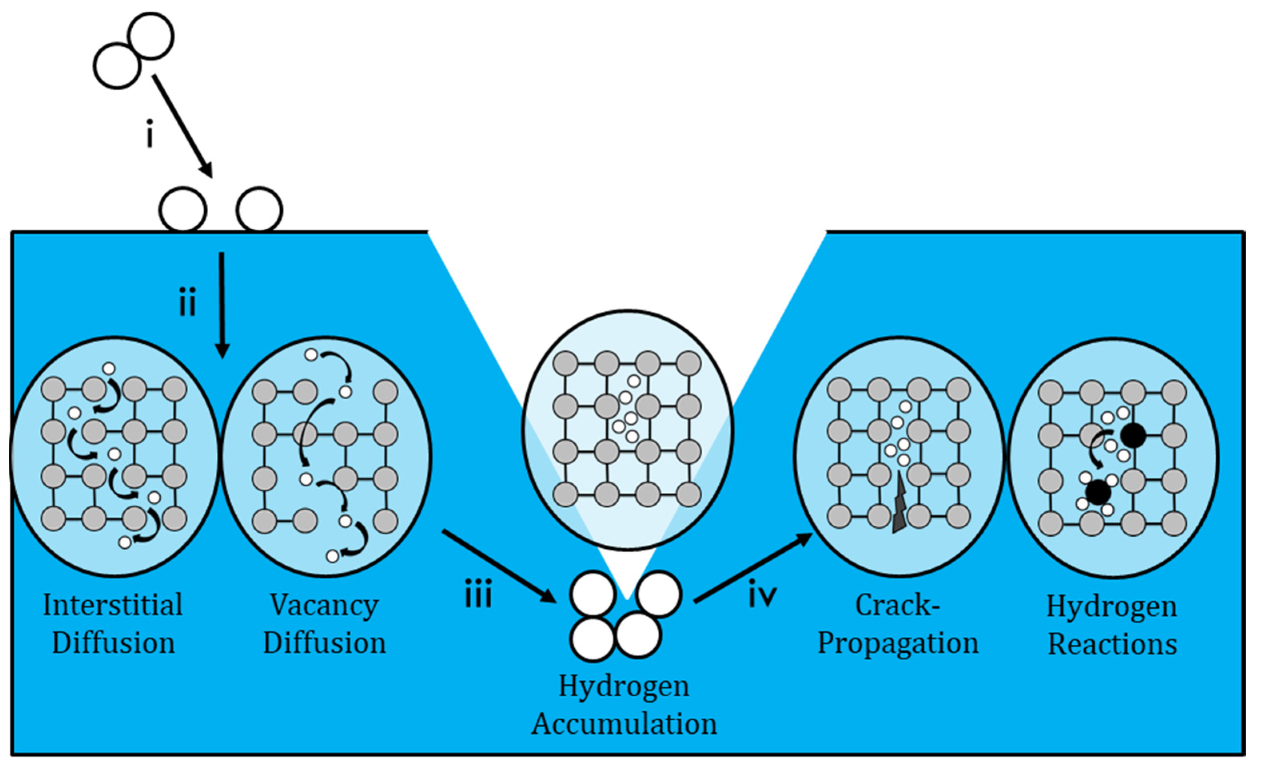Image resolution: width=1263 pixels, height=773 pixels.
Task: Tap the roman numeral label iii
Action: coord(478,594)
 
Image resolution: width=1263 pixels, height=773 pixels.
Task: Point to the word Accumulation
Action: coord(624,724)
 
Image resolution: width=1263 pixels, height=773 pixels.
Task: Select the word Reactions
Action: coord(1112,644)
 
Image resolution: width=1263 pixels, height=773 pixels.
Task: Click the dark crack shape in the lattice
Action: coord(900,505)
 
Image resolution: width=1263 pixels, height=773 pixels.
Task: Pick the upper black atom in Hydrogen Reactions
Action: coord(1132,435)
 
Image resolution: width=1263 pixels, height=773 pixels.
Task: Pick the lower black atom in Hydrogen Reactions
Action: coord(1098,492)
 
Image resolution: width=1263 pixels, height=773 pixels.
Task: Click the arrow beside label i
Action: coord(183,126)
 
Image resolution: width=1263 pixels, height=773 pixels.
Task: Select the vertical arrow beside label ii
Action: coord(222,305)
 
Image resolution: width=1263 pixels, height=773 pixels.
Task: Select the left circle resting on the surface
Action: coord(183,210)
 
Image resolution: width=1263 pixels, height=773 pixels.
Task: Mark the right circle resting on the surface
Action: coord(259,210)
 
